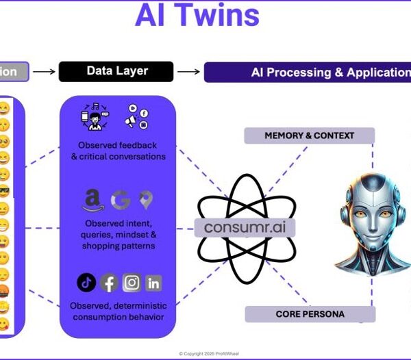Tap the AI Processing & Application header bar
307,72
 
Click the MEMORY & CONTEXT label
310,136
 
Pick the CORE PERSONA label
310,315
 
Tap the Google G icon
120,201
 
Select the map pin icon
145,200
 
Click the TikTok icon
86,281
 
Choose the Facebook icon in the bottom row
109,282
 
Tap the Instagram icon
132,282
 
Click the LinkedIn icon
153,282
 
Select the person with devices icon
94,116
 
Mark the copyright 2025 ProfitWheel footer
206,354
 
